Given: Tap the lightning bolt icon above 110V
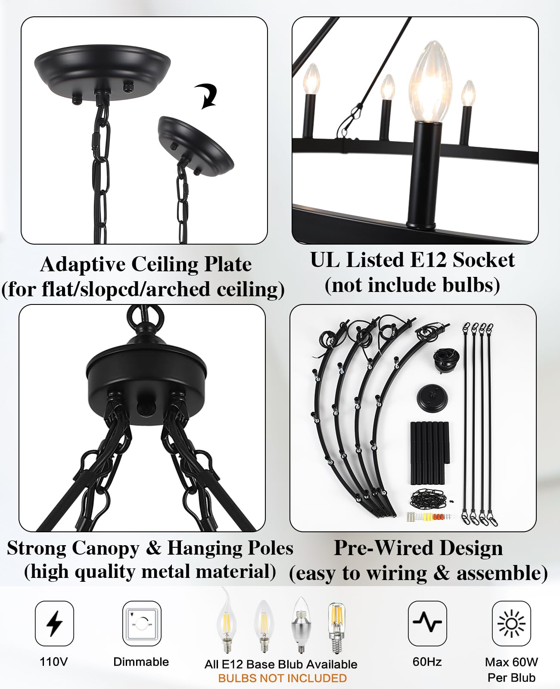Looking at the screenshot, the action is [54, 624].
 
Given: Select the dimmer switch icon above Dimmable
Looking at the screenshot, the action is [142, 624].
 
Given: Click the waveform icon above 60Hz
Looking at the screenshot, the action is [427, 622].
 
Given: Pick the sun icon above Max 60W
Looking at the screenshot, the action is [511, 624].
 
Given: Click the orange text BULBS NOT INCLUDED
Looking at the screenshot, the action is [282, 678].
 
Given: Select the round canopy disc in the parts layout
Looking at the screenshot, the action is [432, 398].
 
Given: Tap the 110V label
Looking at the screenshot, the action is [54, 662].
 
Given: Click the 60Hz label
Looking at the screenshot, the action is [427, 662].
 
